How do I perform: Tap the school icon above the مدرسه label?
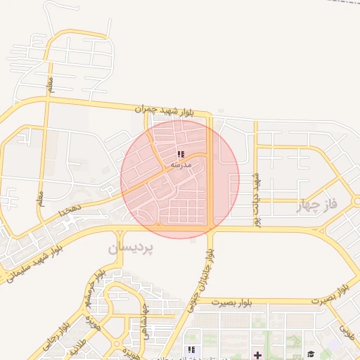click(181, 154)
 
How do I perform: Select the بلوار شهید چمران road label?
click(163, 110)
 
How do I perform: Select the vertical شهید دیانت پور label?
click(258, 200)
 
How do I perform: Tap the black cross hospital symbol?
click(258, 354)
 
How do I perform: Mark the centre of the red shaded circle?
click(180, 179)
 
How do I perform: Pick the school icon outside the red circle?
click(191, 350)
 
